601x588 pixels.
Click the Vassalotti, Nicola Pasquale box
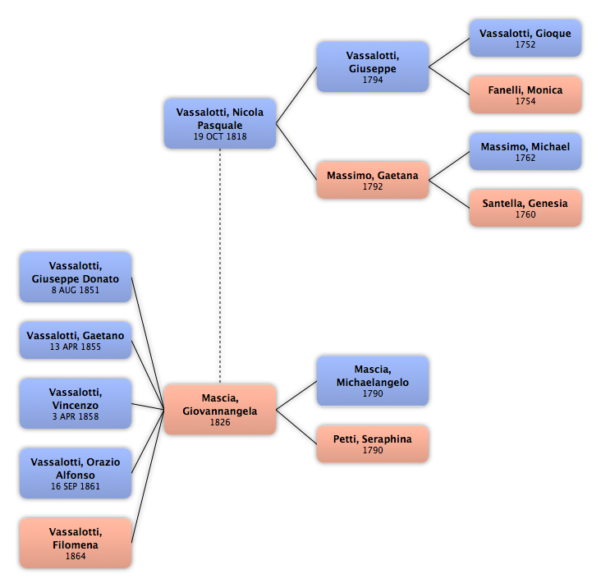(x=220, y=123)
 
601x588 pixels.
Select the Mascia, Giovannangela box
(x=220, y=409)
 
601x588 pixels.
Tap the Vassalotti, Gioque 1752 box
(x=525, y=39)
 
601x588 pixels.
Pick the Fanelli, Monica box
(x=525, y=94)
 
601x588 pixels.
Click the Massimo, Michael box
(x=525, y=151)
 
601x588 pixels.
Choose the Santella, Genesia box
(x=525, y=208)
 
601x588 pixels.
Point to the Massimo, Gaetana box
(x=373, y=180)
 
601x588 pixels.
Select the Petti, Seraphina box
(x=373, y=444)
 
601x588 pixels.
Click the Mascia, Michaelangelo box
(x=373, y=381)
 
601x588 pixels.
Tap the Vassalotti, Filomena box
(x=76, y=543)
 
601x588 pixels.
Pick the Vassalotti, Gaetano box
(x=76, y=340)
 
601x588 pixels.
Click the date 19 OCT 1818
(x=220, y=136)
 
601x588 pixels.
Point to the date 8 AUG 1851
(x=76, y=290)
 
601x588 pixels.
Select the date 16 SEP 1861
(x=76, y=486)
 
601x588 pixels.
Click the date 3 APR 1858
(x=76, y=416)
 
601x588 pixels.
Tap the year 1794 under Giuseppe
(x=373, y=80)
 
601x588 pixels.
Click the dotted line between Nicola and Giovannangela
(x=220, y=265)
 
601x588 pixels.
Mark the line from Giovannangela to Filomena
(x=148, y=476)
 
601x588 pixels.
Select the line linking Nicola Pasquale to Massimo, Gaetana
(x=296, y=152)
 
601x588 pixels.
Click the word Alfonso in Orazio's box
(x=76, y=475)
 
